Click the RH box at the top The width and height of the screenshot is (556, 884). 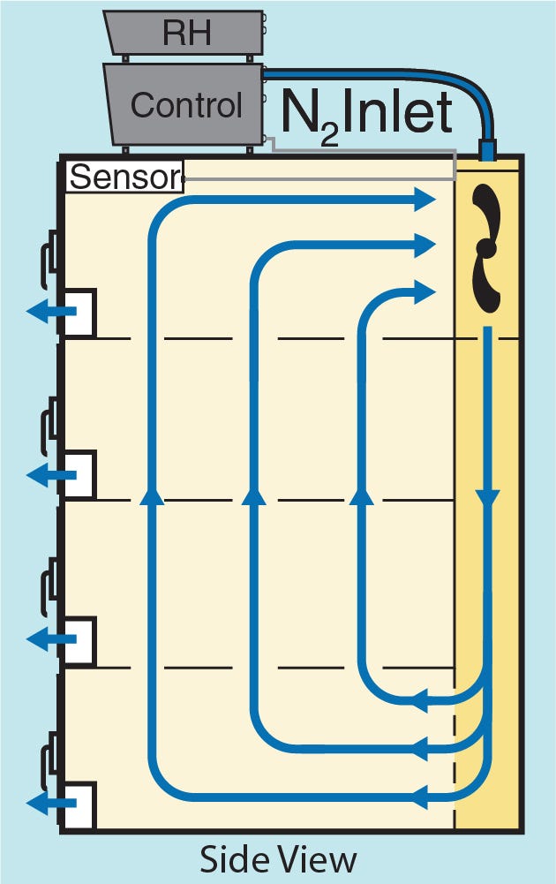pyautogui.click(x=185, y=33)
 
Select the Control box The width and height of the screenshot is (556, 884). pyautogui.click(x=185, y=105)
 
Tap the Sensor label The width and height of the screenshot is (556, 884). pyautogui.click(x=124, y=178)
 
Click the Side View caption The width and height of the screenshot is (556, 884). pyautogui.click(x=278, y=859)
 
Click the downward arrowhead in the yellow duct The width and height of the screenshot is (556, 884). pyautogui.click(x=487, y=498)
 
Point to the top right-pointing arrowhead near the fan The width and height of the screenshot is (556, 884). pyautogui.click(x=427, y=200)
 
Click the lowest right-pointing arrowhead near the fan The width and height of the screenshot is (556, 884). pyautogui.click(x=427, y=289)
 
